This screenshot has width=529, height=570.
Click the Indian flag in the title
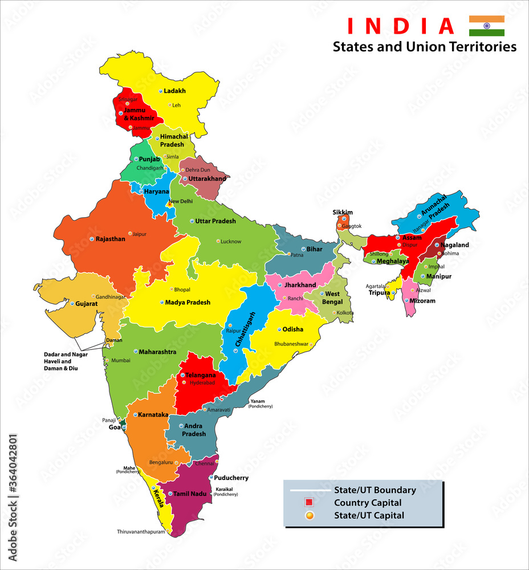486,26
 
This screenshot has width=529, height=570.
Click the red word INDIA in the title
400,26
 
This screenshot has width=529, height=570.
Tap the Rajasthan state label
110,239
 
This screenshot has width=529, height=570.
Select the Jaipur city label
139,234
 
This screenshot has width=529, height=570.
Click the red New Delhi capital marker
169,203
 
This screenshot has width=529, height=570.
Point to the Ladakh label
174,91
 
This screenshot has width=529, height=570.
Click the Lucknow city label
231,241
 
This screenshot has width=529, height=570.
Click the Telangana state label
201,375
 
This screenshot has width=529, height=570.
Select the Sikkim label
343,212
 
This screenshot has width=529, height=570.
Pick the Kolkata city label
345,313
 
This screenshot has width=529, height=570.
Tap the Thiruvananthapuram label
141,531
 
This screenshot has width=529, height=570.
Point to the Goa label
114,427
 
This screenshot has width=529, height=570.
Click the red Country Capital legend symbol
309,503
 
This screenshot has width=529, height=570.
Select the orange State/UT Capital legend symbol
309,516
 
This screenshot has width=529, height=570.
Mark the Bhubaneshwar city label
291,344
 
